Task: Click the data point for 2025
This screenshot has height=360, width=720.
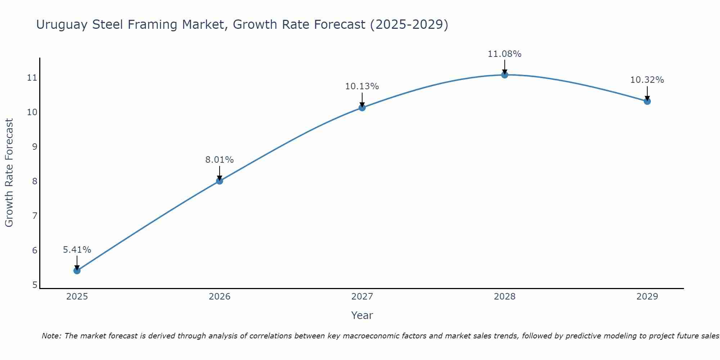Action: [x=77, y=270]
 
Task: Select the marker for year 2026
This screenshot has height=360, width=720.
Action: [x=220, y=181]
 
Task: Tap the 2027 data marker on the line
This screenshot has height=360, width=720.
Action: [x=362, y=107]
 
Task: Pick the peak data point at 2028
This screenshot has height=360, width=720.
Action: [x=505, y=75]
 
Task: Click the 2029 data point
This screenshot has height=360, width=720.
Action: [x=647, y=101]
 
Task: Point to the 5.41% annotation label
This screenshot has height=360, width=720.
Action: [x=77, y=249]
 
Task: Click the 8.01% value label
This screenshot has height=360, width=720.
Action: [x=220, y=159]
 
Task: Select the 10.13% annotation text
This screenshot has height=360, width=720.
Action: [x=362, y=86]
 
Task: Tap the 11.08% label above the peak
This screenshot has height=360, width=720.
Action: [x=505, y=54]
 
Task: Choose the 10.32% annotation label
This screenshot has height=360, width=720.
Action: [x=647, y=80]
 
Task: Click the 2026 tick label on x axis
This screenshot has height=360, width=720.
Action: [x=220, y=297]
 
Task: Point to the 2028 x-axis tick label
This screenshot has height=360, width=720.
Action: [x=505, y=297]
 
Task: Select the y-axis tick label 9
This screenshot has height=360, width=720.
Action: [x=35, y=147]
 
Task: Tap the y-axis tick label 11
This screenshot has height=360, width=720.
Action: [x=32, y=77]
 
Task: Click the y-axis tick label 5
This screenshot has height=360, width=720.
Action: [x=35, y=285]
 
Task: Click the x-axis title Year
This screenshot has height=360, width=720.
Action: [x=362, y=315]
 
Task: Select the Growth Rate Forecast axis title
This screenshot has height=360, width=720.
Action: [x=9, y=173]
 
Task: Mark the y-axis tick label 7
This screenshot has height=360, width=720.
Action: [x=35, y=216]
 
